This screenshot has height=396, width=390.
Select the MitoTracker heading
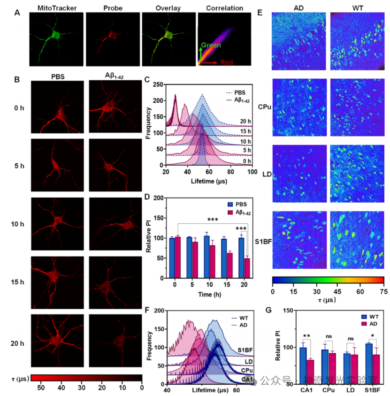pyautogui.click(x=56, y=8)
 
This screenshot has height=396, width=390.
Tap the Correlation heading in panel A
pyautogui.click(x=224, y=8)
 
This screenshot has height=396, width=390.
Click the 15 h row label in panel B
pyautogui.click(x=17, y=282)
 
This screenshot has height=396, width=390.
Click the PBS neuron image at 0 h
pyautogui.click(x=57, y=107)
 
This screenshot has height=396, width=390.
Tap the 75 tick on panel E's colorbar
pyautogui.click(x=383, y=291)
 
